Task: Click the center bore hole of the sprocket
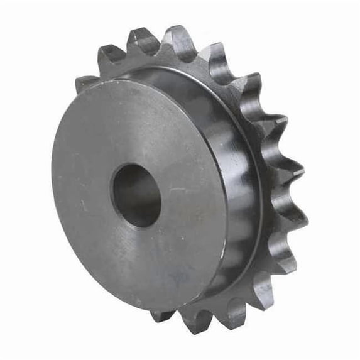[x=136, y=195]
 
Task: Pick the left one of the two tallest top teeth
[x=143, y=41]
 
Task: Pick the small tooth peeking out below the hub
[x=161, y=315]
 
